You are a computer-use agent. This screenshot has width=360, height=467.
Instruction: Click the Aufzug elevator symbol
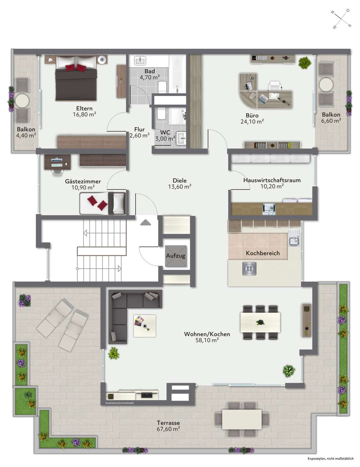176,256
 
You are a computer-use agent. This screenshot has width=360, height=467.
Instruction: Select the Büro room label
252,115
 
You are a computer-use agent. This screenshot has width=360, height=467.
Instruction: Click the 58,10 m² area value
207,340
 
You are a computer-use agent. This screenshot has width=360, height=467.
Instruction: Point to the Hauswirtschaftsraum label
272,180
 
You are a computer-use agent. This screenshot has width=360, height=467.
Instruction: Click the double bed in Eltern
76,78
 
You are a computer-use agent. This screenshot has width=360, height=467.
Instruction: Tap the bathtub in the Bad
178,74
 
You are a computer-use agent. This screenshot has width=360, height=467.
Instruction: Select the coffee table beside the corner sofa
144,326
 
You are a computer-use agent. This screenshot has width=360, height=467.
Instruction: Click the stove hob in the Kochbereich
249,269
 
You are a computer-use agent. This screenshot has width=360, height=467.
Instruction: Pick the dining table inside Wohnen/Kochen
260,322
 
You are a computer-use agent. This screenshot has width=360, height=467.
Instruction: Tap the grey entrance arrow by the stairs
145,222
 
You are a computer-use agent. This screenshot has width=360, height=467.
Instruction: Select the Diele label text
180,181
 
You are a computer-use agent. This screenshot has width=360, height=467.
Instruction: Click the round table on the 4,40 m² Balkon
22,101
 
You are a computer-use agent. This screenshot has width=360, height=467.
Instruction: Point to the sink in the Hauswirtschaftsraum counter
268,209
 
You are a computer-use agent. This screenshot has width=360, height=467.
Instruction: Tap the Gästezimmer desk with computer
57,162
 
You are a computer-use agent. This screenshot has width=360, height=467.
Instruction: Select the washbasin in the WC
181,138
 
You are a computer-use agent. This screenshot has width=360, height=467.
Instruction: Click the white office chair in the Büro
275,86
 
